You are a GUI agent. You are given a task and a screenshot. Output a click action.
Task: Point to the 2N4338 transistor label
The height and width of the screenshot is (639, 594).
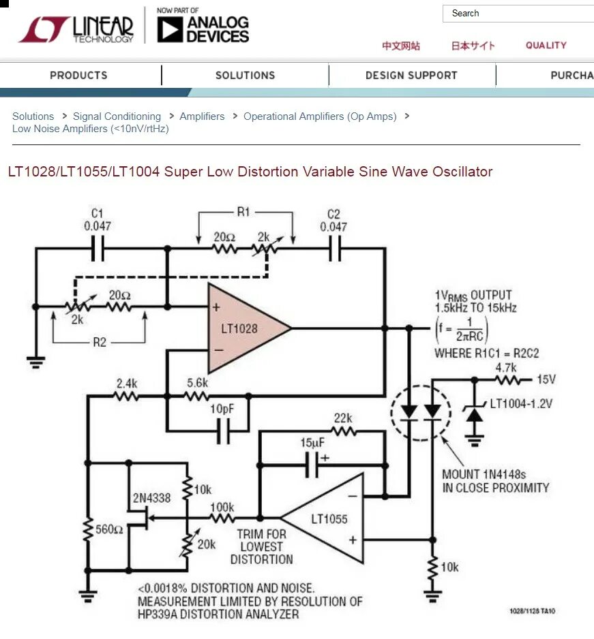point(152,498)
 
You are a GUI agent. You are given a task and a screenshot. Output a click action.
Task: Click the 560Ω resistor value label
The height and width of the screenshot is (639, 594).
point(109,529)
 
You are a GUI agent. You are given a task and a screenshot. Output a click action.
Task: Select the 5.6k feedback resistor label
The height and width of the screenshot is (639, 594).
point(197,383)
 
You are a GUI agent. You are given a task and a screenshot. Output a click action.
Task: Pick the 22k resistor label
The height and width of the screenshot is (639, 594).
point(343,418)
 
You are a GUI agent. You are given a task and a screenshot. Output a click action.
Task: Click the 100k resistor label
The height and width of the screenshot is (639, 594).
point(222,508)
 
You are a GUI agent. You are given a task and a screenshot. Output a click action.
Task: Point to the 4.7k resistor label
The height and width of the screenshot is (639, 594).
point(505,368)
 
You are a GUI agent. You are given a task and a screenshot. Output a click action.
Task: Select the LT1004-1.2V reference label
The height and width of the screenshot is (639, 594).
point(520,403)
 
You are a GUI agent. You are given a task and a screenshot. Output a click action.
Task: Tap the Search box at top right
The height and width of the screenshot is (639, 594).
point(518,14)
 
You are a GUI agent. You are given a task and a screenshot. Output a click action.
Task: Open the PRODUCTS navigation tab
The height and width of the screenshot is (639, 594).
point(78,75)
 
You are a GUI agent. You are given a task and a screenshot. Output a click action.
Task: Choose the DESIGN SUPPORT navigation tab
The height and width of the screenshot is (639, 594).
point(411,75)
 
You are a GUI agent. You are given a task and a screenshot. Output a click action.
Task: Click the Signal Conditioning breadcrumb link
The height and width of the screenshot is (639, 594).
point(117,116)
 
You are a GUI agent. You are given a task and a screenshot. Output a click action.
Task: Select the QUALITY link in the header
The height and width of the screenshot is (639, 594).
point(546,45)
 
